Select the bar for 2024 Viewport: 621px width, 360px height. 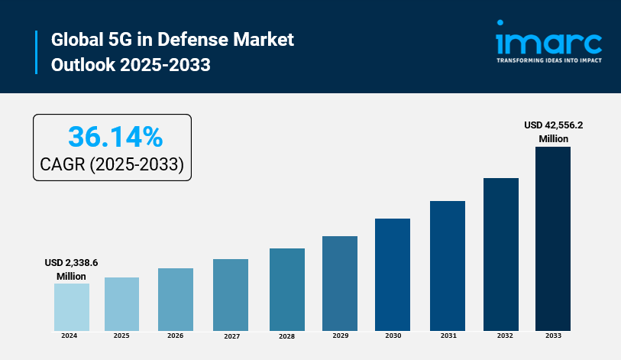click(71, 306)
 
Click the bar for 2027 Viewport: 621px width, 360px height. click(231, 294)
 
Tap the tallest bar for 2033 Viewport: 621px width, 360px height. click(553, 238)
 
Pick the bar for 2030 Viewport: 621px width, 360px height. click(393, 274)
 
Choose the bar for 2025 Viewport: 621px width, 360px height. click(121, 303)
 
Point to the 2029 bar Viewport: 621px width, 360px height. click(340, 283)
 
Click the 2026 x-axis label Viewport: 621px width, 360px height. click(175, 336)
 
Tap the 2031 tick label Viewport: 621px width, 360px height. click(448, 336)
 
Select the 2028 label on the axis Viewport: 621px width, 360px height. click(286, 336)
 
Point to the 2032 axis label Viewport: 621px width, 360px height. click(501, 336)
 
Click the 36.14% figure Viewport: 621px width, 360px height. click(115, 137)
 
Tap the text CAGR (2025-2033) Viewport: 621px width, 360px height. click(112, 164)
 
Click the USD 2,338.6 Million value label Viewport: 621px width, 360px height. click(71, 269)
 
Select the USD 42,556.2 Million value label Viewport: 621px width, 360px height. click(553, 131)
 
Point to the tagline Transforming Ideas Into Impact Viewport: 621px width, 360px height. click(548, 60)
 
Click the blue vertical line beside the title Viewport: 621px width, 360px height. click(36, 52)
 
